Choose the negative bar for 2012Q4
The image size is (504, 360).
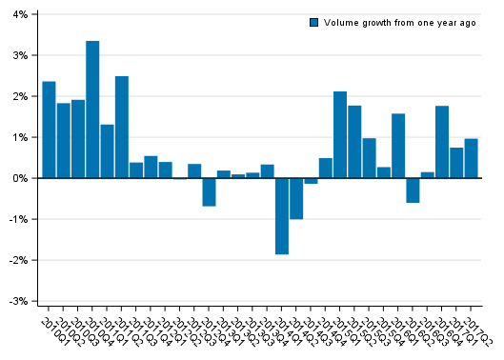pos(209,191)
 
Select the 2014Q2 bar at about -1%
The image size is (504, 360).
pos(296,198)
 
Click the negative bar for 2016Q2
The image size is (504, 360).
pos(413,190)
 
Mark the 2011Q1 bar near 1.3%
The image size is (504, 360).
pos(107,151)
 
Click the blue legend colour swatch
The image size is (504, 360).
pos(313,23)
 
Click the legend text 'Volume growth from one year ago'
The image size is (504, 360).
pos(399,23)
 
